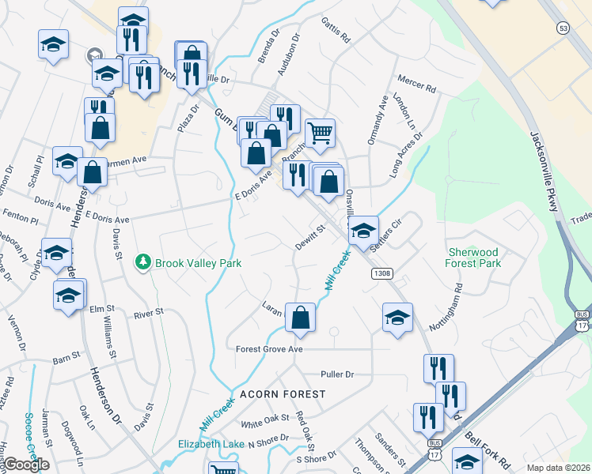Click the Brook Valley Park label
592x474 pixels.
click(x=198, y=262)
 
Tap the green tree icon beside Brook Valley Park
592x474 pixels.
click(x=143, y=261)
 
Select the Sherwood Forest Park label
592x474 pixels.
click(x=475, y=257)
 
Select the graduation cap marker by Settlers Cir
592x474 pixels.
click(x=363, y=231)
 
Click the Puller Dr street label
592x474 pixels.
click(x=336, y=373)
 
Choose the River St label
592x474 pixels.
click(x=149, y=313)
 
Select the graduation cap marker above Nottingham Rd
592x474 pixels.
click(x=397, y=318)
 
